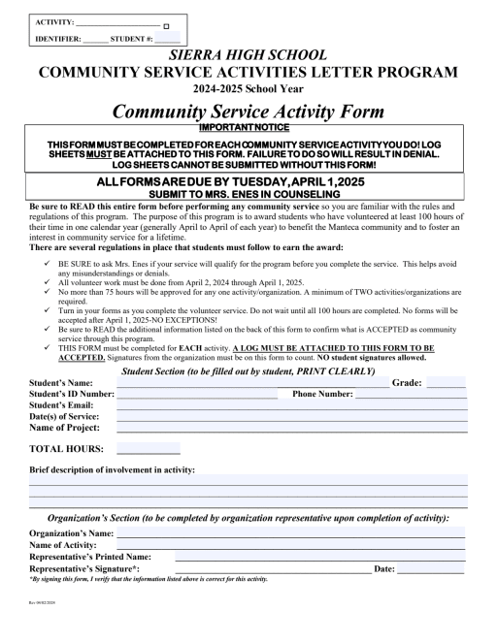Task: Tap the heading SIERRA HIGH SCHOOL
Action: pyautogui.click(x=248, y=55)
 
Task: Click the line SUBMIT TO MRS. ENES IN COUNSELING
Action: pyautogui.click(x=248, y=194)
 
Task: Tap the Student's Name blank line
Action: pyautogui.click(x=252, y=384)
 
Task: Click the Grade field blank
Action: pyautogui.click(x=447, y=384)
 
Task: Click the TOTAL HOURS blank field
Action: pyautogui.click(x=148, y=450)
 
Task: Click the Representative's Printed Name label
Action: pyautogui.click(x=90, y=557)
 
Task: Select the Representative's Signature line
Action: pyautogui.click(x=262, y=569)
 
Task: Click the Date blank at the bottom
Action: pyautogui.click(x=431, y=569)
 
